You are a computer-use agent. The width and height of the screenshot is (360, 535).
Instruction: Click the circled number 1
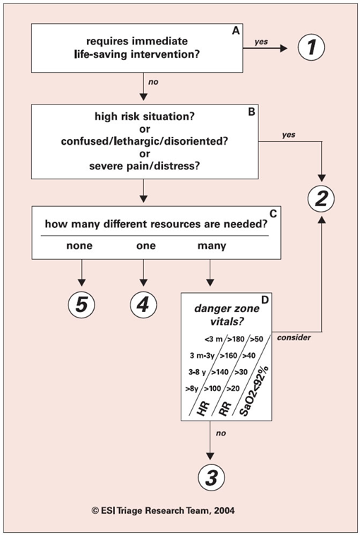[311, 47]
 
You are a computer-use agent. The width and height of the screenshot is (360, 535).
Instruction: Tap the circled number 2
[321, 199]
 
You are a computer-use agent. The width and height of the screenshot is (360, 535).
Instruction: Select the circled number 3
[212, 477]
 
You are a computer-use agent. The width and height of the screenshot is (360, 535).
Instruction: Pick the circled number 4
[143, 304]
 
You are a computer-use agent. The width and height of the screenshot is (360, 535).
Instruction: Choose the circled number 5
[81, 304]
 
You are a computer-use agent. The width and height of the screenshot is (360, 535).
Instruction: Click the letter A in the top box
[236, 31]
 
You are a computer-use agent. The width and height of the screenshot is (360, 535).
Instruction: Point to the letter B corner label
[251, 112]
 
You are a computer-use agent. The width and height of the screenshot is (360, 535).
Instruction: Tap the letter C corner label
[273, 213]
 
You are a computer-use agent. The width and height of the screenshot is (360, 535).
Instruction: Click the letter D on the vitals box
[265, 300]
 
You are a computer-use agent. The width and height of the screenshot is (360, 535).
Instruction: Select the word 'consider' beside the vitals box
[294, 337]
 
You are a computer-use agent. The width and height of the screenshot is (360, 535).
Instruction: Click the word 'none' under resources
[79, 246]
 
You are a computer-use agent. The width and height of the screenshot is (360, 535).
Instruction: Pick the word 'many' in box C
[212, 246]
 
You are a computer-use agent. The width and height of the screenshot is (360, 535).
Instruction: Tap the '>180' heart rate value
[236, 339]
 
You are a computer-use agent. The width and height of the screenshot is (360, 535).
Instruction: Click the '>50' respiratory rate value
[257, 339]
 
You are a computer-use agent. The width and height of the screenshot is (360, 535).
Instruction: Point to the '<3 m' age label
[213, 339]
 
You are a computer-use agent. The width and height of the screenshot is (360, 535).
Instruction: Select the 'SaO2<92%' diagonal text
[254, 391]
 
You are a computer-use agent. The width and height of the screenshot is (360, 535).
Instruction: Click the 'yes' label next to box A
[261, 42]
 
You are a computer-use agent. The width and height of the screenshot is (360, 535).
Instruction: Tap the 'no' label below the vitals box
[221, 433]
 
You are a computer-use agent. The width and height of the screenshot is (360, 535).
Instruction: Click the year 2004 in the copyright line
[224, 510]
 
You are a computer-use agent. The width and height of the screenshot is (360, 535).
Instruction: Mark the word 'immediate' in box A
[160, 41]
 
